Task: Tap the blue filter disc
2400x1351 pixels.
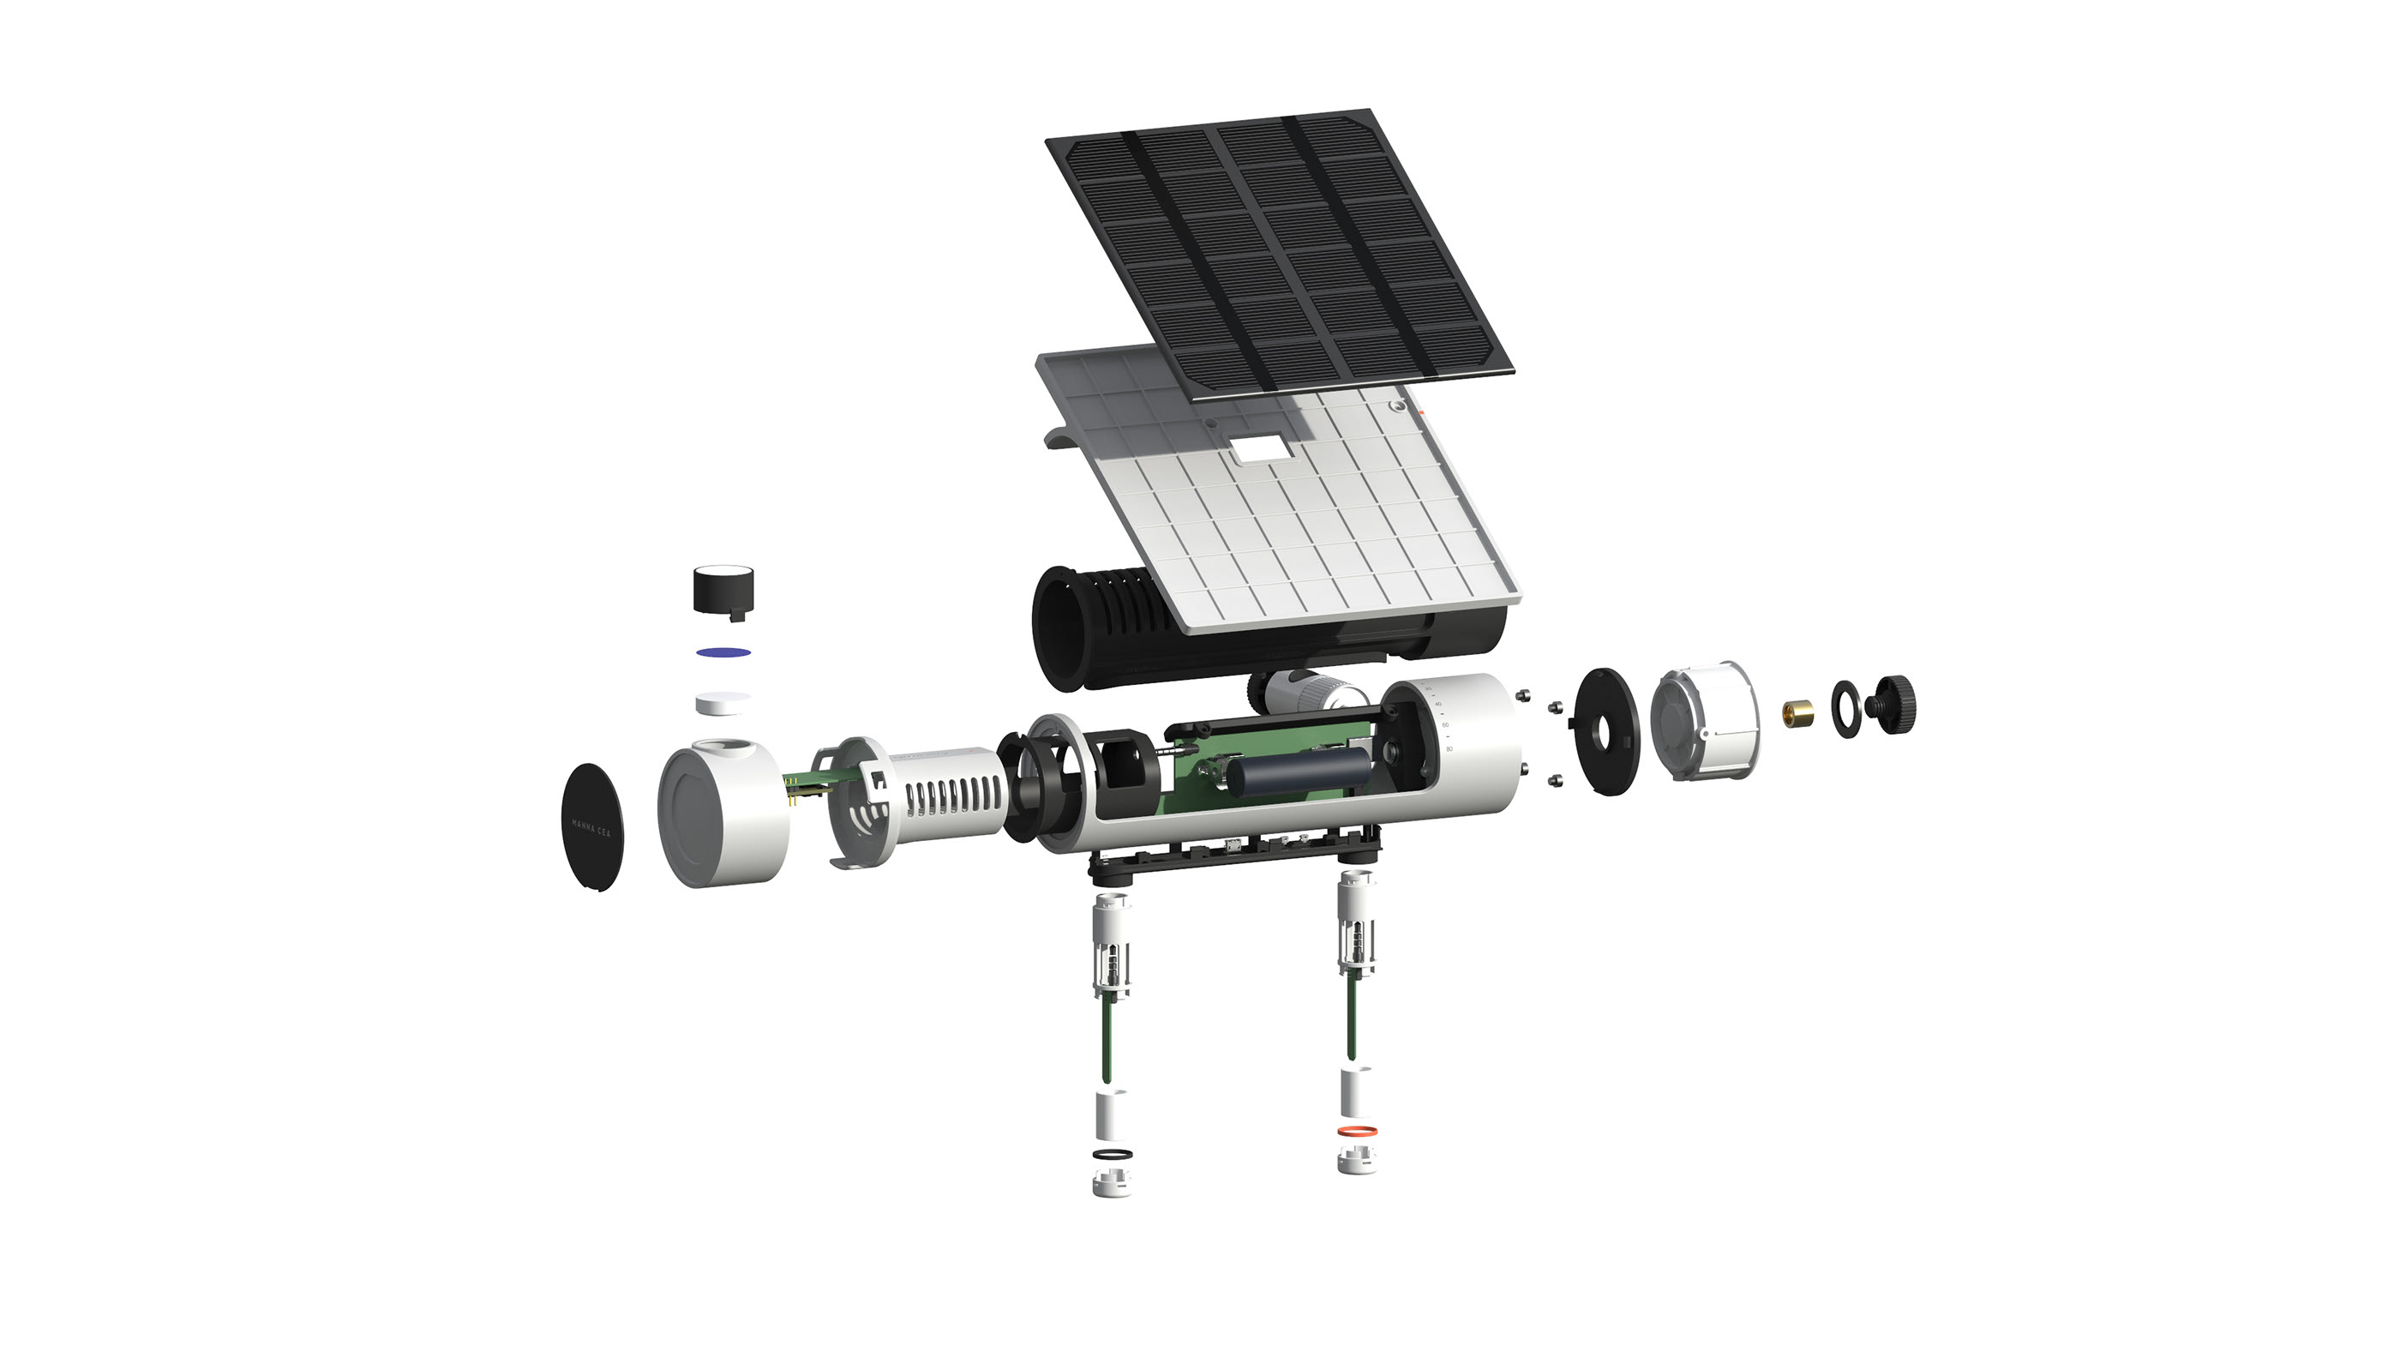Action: pyautogui.click(x=724, y=651)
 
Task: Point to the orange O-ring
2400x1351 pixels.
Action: pyautogui.click(x=1358, y=1131)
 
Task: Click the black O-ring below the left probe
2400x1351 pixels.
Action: pyautogui.click(x=1112, y=1156)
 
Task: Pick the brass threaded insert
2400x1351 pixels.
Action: pyautogui.click(x=1797, y=715)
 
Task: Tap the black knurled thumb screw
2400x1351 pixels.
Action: pyautogui.click(x=1894, y=706)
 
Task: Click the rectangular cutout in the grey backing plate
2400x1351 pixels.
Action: pyautogui.click(x=1263, y=450)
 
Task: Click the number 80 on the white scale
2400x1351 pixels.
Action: pyautogui.click(x=1449, y=748)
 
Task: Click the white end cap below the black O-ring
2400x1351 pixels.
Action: pyautogui.click(x=1111, y=1183)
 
